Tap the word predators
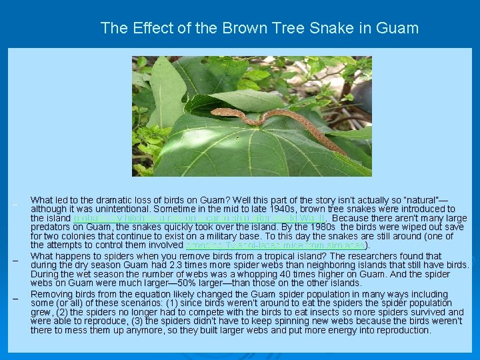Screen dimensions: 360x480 pos(51,227)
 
